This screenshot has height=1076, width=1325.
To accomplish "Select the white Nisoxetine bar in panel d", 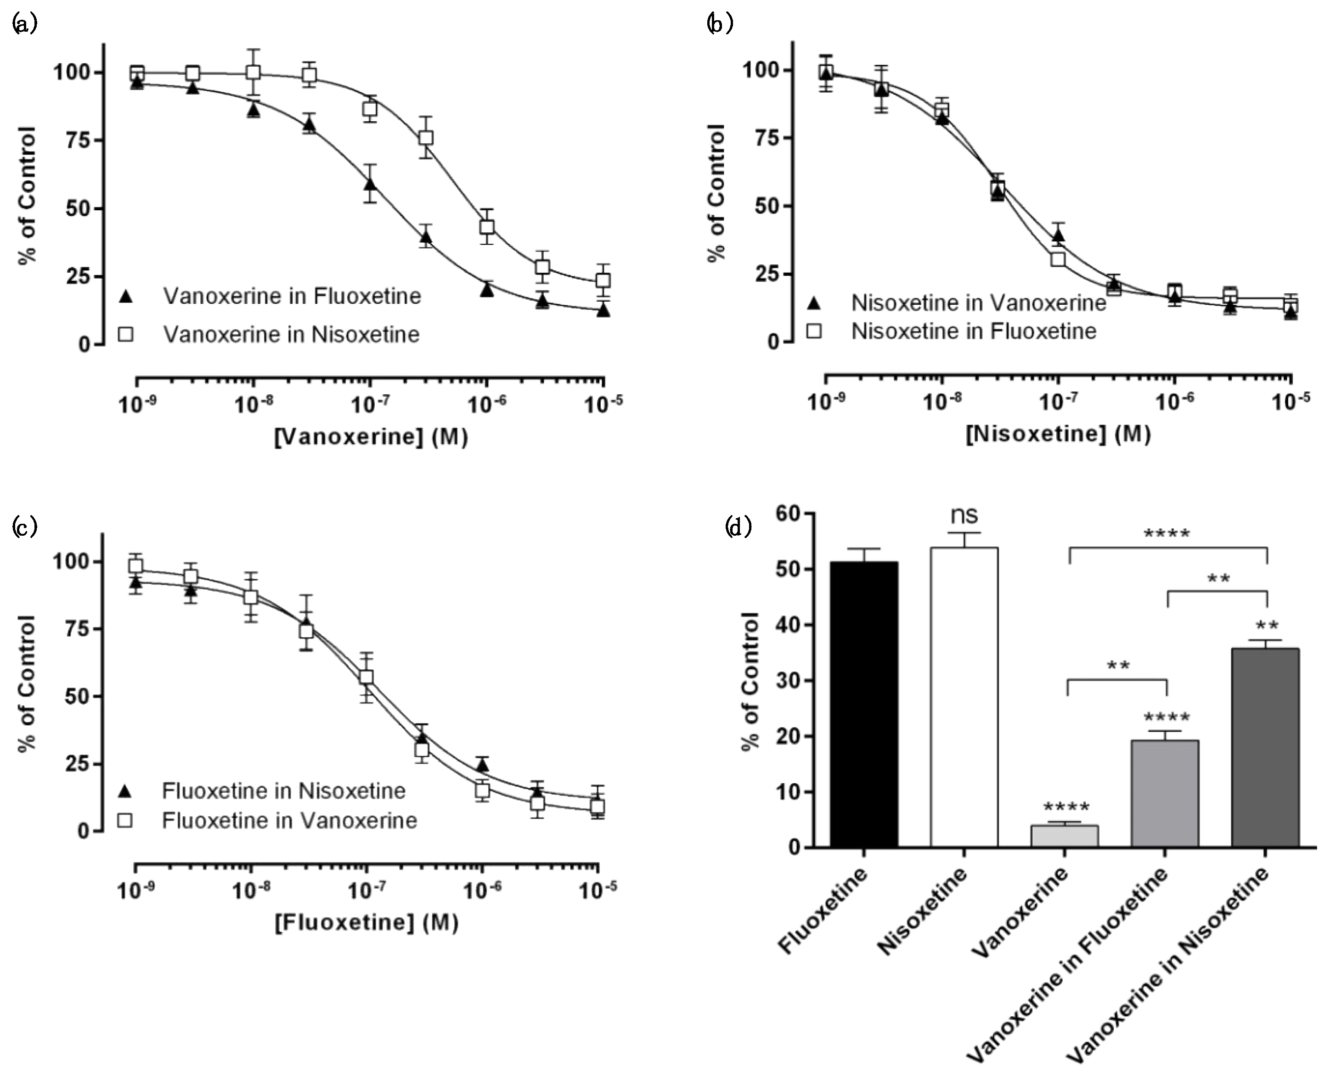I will pyautogui.click(x=964, y=697).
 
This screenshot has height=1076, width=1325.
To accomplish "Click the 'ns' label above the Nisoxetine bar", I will pyautogui.click(x=964, y=515).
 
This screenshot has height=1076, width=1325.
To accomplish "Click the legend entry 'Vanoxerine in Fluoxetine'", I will pyautogui.click(x=292, y=296).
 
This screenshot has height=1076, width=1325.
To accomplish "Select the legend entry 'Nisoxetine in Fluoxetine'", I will pyautogui.click(x=974, y=331).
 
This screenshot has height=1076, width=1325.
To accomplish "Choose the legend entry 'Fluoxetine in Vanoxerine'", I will pyautogui.click(x=289, y=821).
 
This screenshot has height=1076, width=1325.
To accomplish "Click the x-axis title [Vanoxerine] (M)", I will pyautogui.click(x=371, y=437).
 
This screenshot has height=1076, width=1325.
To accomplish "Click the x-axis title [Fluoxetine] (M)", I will pyautogui.click(x=367, y=922).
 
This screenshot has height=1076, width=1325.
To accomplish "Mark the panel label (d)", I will pyautogui.click(x=738, y=527).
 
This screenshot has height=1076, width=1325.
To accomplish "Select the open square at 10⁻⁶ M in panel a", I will pyautogui.click(x=487, y=226).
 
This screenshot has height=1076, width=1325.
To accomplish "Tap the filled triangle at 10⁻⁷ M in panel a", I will pyautogui.click(x=370, y=184).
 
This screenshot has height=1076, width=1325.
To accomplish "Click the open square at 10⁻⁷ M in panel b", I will pyautogui.click(x=1058, y=259).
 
